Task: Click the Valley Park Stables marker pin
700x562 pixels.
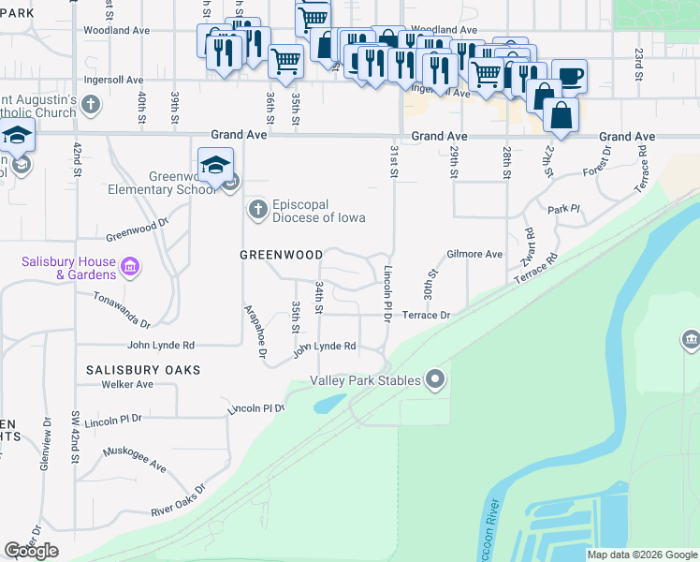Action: (434, 379)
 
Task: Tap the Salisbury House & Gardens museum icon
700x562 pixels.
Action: (130, 269)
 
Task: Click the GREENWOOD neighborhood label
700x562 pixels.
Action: (282, 255)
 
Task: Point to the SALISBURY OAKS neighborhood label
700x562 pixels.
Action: (143, 370)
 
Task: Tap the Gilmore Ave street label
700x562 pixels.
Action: (474, 254)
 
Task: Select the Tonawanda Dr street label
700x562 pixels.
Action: (122, 310)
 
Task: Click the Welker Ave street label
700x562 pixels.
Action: (127, 384)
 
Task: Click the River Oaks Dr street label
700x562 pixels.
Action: (178, 502)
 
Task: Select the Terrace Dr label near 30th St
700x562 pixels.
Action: (427, 316)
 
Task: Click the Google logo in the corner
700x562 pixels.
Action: (31, 551)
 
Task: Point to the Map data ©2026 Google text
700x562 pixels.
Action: (642, 555)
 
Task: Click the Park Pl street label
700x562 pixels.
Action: (564, 210)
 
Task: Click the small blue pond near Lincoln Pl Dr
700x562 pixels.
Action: (328, 404)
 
